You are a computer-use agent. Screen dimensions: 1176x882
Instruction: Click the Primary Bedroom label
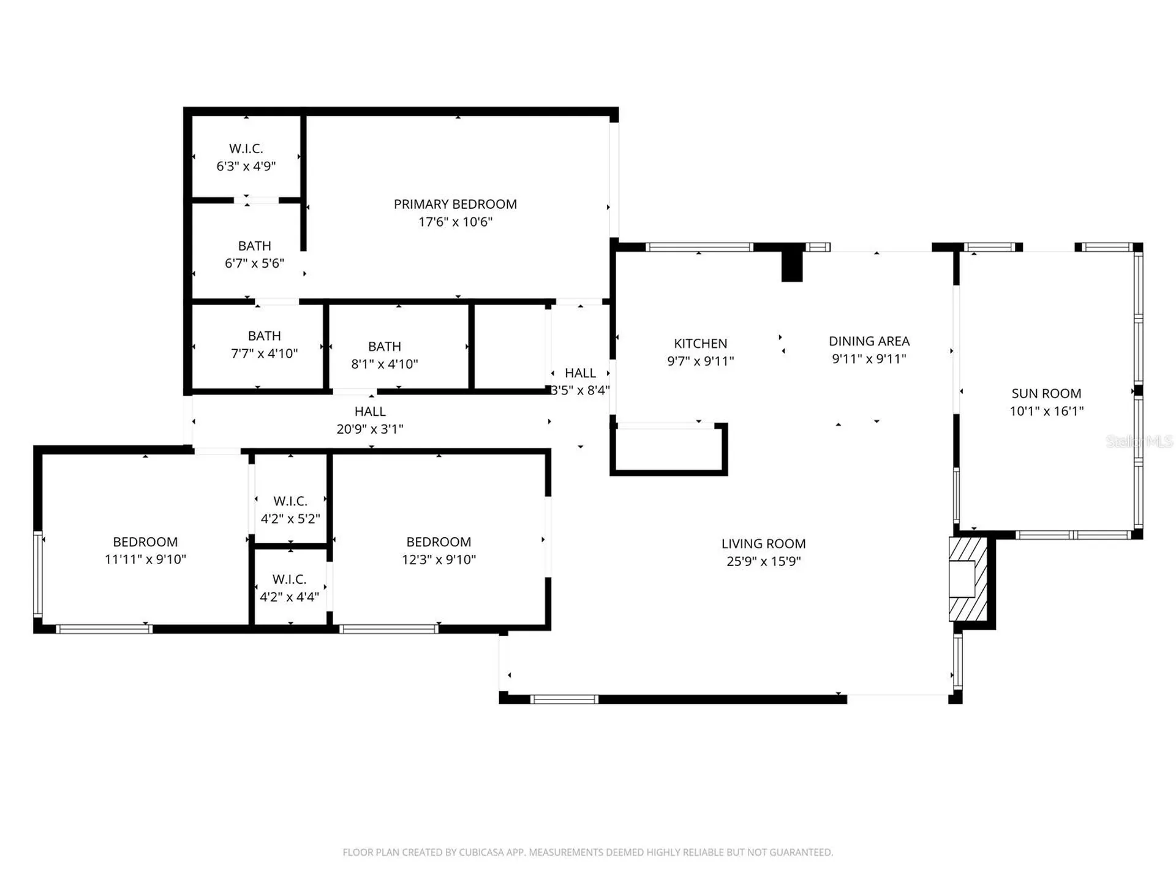click(x=455, y=204)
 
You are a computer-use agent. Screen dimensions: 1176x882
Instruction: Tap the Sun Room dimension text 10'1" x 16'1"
click(x=1046, y=411)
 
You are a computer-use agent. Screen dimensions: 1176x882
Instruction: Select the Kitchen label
click(x=701, y=344)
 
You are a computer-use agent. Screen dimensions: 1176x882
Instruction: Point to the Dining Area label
click(x=869, y=341)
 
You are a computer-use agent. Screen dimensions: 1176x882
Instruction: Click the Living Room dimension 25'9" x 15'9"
click(x=763, y=561)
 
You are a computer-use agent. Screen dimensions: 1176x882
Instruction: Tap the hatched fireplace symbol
click(x=968, y=579)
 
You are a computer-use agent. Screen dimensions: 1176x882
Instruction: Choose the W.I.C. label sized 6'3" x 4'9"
click(x=246, y=148)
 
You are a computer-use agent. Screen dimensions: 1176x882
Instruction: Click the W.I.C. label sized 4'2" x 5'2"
click(x=290, y=501)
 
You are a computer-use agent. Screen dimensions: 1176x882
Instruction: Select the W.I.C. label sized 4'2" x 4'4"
click(x=290, y=579)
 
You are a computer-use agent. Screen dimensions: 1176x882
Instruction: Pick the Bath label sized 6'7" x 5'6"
click(x=254, y=246)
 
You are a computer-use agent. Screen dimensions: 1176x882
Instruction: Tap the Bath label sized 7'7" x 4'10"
click(x=265, y=336)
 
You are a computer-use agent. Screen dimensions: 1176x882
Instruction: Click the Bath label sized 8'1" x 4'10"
click(x=385, y=346)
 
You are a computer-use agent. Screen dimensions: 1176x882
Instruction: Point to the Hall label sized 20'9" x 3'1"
click(x=370, y=412)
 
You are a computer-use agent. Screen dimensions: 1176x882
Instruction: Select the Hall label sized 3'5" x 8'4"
click(x=580, y=373)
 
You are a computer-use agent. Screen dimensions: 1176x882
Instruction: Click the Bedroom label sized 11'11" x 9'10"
click(x=145, y=542)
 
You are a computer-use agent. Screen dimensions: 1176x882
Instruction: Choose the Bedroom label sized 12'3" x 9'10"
click(x=439, y=542)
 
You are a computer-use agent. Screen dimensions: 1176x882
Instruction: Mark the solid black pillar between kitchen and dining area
click(x=792, y=263)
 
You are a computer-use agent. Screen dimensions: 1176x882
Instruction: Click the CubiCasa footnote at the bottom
click(x=588, y=852)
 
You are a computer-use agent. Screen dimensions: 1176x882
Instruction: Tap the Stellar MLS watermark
click(x=1139, y=441)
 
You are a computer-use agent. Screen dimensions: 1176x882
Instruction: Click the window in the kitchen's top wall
click(x=699, y=247)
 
